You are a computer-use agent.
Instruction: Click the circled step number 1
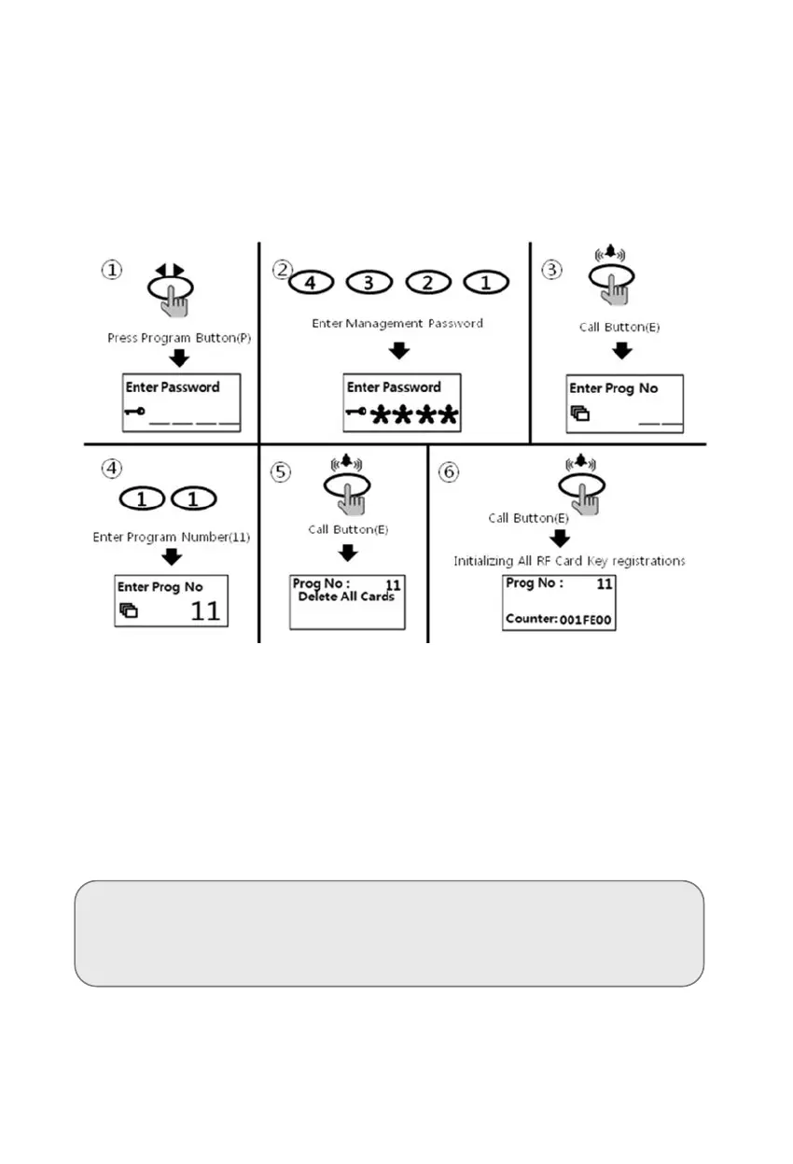tap(111, 271)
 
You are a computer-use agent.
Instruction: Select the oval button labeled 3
tap(369, 282)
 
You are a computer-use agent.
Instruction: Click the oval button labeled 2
tap(426, 282)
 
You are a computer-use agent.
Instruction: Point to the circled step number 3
tap(553, 271)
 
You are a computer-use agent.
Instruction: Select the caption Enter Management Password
tap(397, 323)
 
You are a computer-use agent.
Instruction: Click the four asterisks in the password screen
tap(415, 414)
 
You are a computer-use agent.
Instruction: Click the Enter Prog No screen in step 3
tap(624, 403)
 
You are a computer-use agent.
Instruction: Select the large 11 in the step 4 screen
tap(205, 611)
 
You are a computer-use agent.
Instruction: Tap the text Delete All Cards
tap(346, 597)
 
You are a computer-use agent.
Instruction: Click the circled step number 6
tap(450, 471)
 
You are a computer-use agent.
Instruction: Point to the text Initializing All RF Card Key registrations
tap(570, 561)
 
